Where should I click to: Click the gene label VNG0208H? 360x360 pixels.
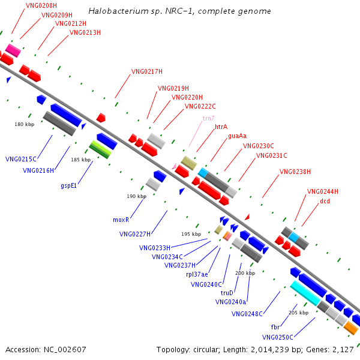[41, 5]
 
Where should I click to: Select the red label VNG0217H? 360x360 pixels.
[147, 72]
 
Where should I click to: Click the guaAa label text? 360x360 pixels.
[237, 136]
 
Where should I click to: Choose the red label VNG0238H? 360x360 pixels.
[295, 172]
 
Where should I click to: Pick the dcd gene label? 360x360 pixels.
[325, 201]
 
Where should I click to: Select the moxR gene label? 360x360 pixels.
[121, 220]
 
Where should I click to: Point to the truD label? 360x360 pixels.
[227, 293]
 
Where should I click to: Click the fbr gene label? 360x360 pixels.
[275, 327]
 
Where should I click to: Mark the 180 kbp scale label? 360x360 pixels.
[25, 124]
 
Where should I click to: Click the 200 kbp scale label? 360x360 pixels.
[245, 273]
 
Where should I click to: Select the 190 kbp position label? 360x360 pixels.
[136, 196]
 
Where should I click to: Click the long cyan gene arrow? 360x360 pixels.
[305, 293]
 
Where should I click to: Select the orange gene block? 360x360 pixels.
[351, 328]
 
